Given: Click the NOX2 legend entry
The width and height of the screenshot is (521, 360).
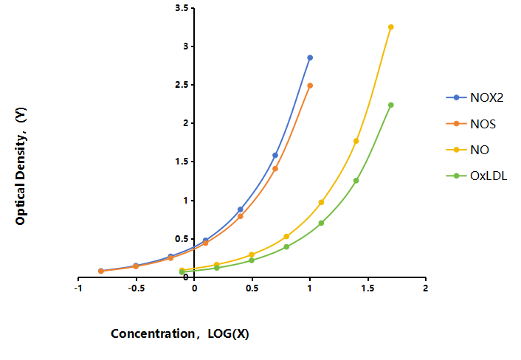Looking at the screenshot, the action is point(475,97).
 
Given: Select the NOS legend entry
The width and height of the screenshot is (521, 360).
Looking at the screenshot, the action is point(471,124).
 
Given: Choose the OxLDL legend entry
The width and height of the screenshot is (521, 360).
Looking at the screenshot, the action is point(477,176).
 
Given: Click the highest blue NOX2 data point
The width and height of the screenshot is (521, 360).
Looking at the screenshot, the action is point(310,58).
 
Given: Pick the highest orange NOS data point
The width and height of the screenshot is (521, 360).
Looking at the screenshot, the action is point(310,86).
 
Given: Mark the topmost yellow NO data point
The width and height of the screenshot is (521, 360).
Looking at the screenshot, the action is point(391,27).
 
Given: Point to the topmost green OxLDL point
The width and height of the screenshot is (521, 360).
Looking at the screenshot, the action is point(391,105).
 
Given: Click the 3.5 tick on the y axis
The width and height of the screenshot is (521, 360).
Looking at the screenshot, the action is point(182,8).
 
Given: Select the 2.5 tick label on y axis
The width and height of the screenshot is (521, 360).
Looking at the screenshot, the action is point(182,85).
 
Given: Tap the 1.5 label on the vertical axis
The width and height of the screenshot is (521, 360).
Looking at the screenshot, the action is point(182,162).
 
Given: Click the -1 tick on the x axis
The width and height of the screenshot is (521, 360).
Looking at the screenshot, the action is point(78,288).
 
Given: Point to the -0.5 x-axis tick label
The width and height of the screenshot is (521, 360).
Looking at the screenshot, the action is point(137,288).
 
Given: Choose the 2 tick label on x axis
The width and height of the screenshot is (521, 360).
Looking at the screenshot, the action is point(426,288).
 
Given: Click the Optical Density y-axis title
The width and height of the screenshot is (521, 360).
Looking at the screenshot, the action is point(21,166).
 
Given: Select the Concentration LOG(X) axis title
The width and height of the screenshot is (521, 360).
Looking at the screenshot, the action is point(180,333).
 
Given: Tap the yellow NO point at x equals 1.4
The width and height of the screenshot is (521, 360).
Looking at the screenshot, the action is point(356,141).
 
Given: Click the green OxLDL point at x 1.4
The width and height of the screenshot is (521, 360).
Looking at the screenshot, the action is point(356,181).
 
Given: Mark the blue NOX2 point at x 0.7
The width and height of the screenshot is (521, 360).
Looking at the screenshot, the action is point(275,156).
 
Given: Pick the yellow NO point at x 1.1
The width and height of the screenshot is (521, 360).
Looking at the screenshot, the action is point(321,202).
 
